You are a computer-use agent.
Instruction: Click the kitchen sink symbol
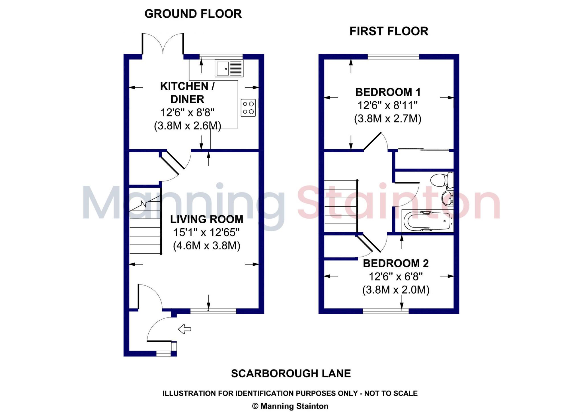click(x=229, y=68)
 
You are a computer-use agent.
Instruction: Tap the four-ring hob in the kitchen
click(x=248, y=108)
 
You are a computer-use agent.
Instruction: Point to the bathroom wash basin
click(x=447, y=198)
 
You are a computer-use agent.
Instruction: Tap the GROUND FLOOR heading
click(x=193, y=14)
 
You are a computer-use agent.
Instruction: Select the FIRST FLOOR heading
click(x=389, y=31)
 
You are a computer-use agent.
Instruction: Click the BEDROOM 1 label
click(x=388, y=92)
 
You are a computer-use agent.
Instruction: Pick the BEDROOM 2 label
click(x=396, y=263)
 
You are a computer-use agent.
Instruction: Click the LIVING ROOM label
click(x=207, y=219)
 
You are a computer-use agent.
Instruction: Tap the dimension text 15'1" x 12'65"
click(x=207, y=232)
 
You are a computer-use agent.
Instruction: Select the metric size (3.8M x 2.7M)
click(x=388, y=118)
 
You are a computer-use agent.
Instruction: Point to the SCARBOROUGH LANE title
click(x=291, y=374)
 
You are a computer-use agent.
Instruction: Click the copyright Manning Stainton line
click(x=290, y=406)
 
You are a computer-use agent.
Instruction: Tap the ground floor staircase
click(x=145, y=225)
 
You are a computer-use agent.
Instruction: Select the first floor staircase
click(x=341, y=206)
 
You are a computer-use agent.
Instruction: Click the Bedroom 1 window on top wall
click(x=393, y=57)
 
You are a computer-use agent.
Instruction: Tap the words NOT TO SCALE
click(x=391, y=393)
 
